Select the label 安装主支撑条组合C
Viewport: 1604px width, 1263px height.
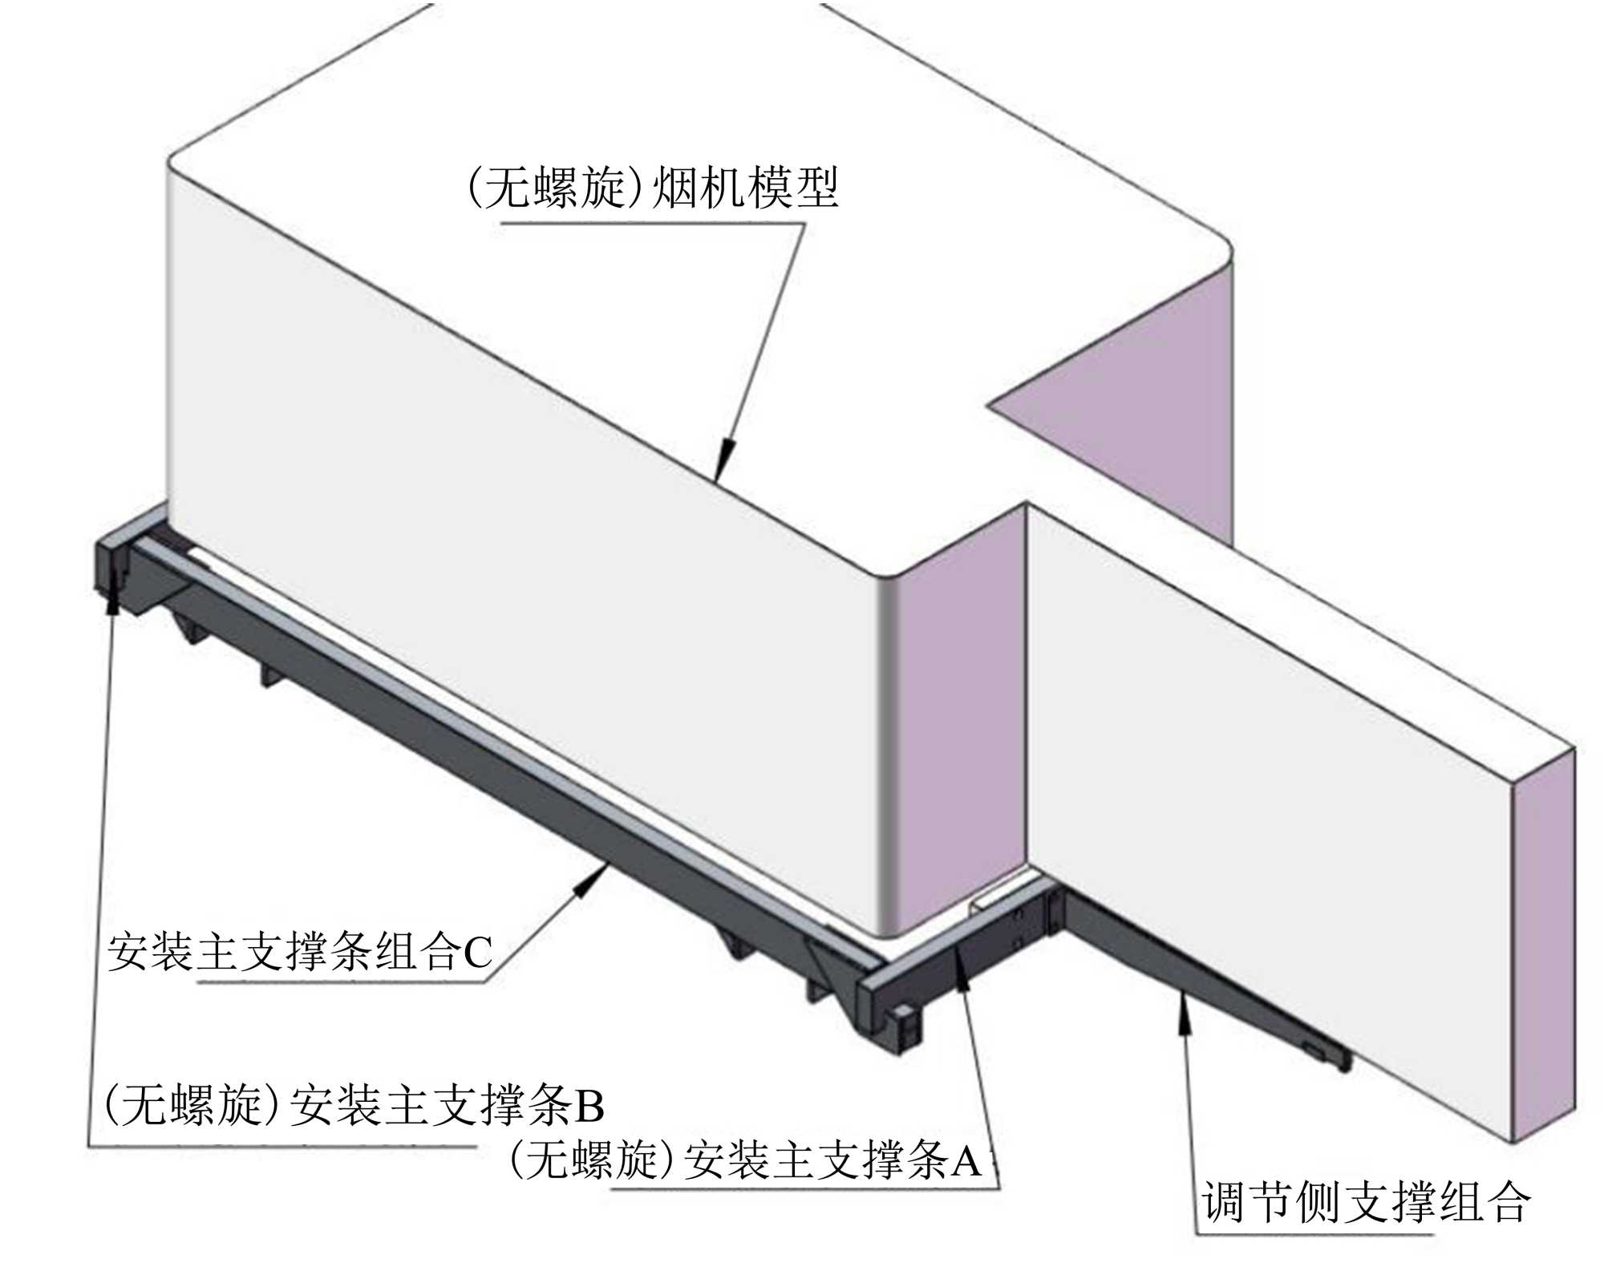coord(299,952)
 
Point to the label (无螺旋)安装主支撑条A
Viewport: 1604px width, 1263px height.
coord(745,1160)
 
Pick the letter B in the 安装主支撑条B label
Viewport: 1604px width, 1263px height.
coord(589,1106)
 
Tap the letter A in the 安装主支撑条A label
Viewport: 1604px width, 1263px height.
coord(966,1160)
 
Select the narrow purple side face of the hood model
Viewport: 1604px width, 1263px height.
coord(958,722)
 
